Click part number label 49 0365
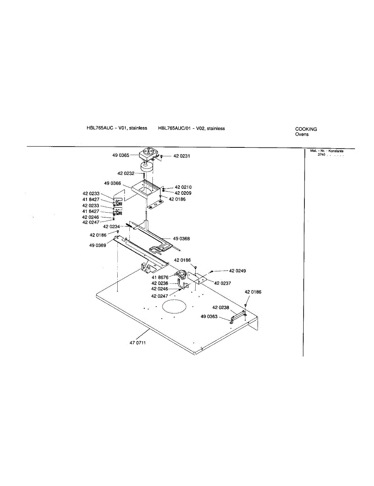[x=121, y=155]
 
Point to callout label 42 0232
[x=126, y=173]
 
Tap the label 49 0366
[x=112, y=183]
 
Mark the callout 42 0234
[x=111, y=227]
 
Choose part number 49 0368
[x=181, y=239]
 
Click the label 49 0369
[x=98, y=245]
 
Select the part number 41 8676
[x=160, y=277]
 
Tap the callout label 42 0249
[x=237, y=271]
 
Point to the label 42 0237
[x=222, y=283]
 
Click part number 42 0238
[x=220, y=308]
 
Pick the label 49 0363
[x=209, y=316]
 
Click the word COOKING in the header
[x=306, y=129]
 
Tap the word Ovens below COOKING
[x=302, y=134]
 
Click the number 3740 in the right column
[x=321, y=155]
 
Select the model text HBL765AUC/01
[x=174, y=128]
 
